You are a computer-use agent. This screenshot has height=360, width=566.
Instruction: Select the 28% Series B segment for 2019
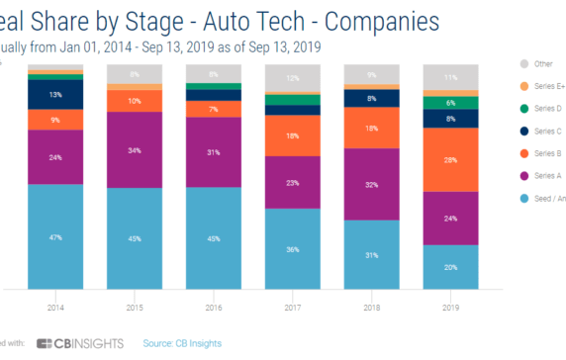point(450,159)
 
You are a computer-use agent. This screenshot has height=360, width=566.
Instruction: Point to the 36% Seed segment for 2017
point(292,249)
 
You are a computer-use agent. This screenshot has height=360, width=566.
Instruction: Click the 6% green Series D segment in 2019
point(450,103)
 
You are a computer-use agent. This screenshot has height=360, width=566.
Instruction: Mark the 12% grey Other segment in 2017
point(292,77)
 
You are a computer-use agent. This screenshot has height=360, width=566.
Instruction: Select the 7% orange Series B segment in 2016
point(213,108)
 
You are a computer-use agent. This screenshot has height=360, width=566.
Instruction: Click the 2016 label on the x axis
point(213,308)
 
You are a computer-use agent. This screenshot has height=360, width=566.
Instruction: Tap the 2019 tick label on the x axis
point(450,308)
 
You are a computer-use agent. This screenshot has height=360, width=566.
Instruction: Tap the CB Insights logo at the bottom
point(78,343)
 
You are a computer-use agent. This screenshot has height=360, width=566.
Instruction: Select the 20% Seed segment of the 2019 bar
point(450,268)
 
